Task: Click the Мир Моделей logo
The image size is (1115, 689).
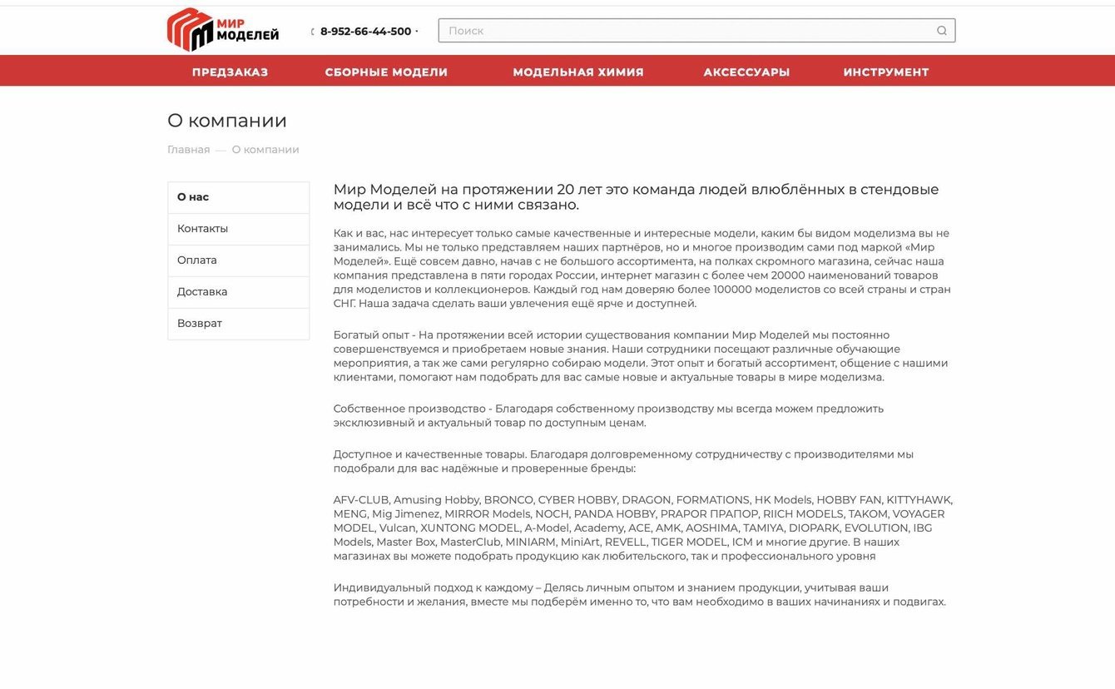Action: [223, 30]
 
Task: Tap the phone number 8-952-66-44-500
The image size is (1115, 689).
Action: [365, 32]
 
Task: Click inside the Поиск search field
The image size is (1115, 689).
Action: [682, 31]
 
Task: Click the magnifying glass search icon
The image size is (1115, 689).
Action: [942, 31]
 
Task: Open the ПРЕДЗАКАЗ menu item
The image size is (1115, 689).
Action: [230, 72]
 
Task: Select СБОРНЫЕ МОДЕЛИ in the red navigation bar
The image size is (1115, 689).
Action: [386, 72]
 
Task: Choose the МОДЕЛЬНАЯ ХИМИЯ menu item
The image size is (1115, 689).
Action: [578, 72]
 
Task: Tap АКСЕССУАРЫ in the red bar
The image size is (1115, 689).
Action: [746, 72]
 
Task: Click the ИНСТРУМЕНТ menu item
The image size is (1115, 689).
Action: [886, 72]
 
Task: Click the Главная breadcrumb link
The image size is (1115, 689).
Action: [188, 150]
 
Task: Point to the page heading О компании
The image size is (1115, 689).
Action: [227, 121]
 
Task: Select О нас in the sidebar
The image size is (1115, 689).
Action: [193, 197]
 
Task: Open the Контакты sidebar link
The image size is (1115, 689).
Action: [202, 229]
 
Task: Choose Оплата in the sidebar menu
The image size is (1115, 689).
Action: [197, 260]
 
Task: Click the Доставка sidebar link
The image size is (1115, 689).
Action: [202, 292]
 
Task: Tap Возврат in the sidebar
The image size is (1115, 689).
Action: [200, 324]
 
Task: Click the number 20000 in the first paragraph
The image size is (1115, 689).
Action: [788, 275]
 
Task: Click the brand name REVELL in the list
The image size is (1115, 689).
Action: [626, 543]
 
